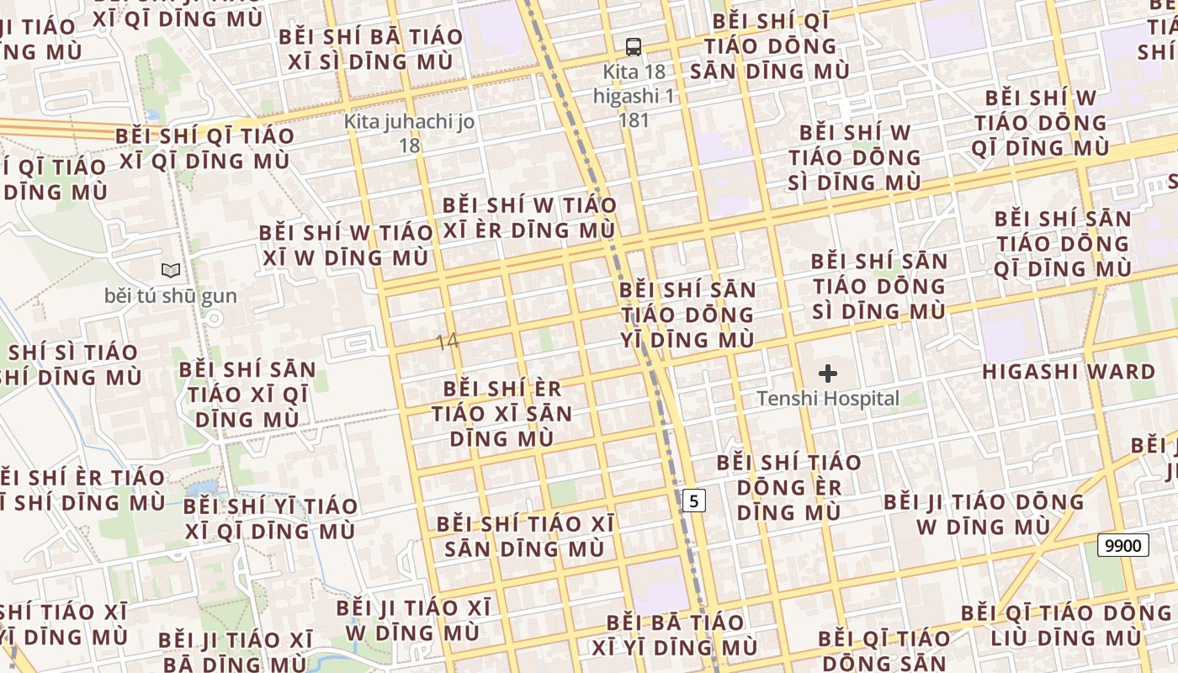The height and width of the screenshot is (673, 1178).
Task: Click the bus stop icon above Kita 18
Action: pyautogui.click(x=634, y=47)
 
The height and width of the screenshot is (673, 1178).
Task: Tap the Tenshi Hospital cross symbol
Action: pyautogui.click(x=828, y=374)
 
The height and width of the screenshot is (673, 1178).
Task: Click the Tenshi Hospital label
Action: pyautogui.click(x=828, y=399)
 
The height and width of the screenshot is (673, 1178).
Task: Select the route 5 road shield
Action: pyautogui.click(x=693, y=501)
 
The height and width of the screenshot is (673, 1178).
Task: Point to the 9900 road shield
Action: pyautogui.click(x=1123, y=545)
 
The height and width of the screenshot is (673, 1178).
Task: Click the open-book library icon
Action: pyautogui.click(x=171, y=271)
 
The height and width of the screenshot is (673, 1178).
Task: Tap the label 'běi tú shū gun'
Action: pyautogui.click(x=171, y=296)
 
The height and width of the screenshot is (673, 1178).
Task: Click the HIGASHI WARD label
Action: pyautogui.click(x=1069, y=372)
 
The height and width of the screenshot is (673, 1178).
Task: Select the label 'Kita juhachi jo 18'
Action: pyautogui.click(x=409, y=133)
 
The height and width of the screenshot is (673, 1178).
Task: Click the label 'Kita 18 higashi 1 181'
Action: pyautogui.click(x=634, y=95)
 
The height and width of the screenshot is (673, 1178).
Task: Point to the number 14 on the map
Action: pyautogui.click(x=448, y=342)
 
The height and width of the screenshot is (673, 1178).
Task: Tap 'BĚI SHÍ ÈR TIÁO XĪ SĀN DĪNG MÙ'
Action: pyautogui.click(x=502, y=413)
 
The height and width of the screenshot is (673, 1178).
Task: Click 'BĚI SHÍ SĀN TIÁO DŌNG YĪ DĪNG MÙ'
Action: pyautogui.click(x=687, y=315)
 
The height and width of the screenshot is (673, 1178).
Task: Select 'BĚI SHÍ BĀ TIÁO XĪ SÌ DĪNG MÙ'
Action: pyautogui.click(x=370, y=49)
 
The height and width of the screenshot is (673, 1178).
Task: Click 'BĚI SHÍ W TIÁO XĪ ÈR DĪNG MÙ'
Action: pyautogui.click(x=529, y=217)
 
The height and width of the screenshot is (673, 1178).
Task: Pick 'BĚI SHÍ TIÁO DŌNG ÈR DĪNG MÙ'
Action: pyautogui.click(x=788, y=487)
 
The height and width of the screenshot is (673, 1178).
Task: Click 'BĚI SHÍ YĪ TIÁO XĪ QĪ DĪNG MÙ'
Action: pyautogui.click(x=270, y=518)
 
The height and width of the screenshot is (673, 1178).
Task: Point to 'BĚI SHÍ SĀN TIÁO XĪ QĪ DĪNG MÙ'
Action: pyautogui.click(x=247, y=394)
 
